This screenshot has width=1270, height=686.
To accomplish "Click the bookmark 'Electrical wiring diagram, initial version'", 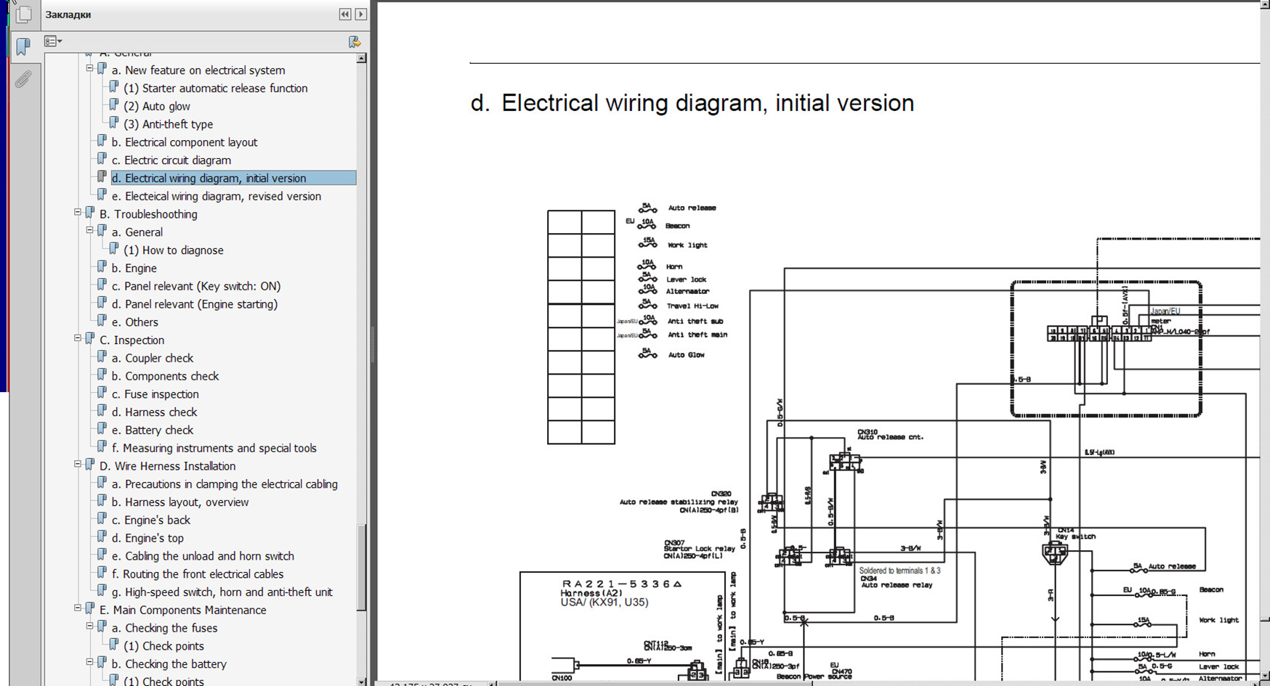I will coord(215,178).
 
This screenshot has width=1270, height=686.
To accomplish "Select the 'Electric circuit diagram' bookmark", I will coord(177,160).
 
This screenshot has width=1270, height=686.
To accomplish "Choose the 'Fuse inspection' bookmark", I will coord(161,394).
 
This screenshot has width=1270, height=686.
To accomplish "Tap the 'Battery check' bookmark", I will coord(158,430).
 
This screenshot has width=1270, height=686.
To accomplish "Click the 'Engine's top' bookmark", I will coord(154,538).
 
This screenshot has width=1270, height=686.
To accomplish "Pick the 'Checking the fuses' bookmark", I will coord(171,628).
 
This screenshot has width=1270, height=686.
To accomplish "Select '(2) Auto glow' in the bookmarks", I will coord(156,106).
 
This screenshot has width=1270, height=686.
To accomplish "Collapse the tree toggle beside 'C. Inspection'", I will coord(78,338).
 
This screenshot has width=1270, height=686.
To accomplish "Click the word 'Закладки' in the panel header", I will coord(68,15).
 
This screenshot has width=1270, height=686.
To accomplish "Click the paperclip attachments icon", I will coord(23,79).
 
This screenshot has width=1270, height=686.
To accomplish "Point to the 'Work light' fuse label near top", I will coord(687,245).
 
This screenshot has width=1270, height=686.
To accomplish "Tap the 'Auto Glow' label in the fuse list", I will coord(686,355).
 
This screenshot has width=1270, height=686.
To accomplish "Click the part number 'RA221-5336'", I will coord(621,584).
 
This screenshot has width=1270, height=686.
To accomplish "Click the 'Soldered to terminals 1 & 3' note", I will coord(899,571).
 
